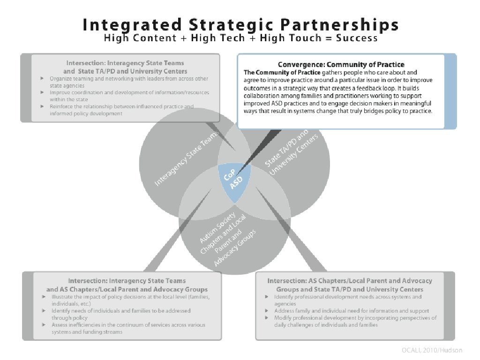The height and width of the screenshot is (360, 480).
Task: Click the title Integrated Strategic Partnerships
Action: click(240, 24)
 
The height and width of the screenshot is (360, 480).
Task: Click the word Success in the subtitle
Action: click(357, 38)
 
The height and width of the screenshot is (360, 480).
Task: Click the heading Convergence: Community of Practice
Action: click(341, 64)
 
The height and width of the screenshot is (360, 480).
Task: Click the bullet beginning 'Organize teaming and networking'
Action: click(129, 82)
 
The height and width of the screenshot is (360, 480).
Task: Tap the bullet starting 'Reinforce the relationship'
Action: click(122, 110)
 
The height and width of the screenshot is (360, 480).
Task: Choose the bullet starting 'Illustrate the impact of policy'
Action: click(127, 300)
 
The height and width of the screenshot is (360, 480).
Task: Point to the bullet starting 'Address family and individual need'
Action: click(352, 311)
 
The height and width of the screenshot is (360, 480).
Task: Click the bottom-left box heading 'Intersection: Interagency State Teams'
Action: click(127, 285)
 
